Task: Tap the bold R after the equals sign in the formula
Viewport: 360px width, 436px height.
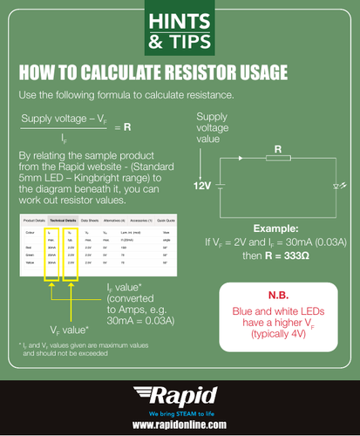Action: click(x=127, y=126)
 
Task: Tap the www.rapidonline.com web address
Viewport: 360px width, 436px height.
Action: click(x=180, y=423)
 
